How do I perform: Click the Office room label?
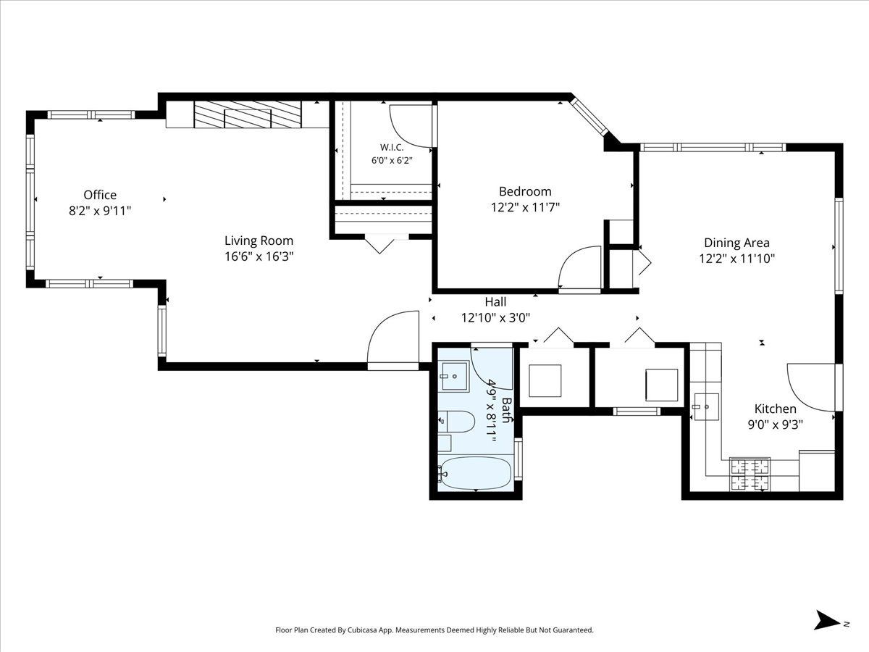tap(100, 195)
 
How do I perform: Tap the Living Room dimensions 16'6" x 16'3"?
tap(259, 256)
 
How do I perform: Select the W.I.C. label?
tap(392, 148)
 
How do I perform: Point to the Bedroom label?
tap(525, 191)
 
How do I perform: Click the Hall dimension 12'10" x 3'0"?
tap(495, 317)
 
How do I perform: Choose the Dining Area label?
tap(736, 243)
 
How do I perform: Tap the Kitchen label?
tap(775, 409)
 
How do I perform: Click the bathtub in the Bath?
tap(476, 474)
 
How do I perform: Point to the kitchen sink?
tap(705, 406)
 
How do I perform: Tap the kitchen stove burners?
tap(751, 475)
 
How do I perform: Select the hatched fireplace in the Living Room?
tap(248, 114)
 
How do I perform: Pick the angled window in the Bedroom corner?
tap(589, 117)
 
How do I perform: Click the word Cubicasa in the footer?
tap(363, 630)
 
